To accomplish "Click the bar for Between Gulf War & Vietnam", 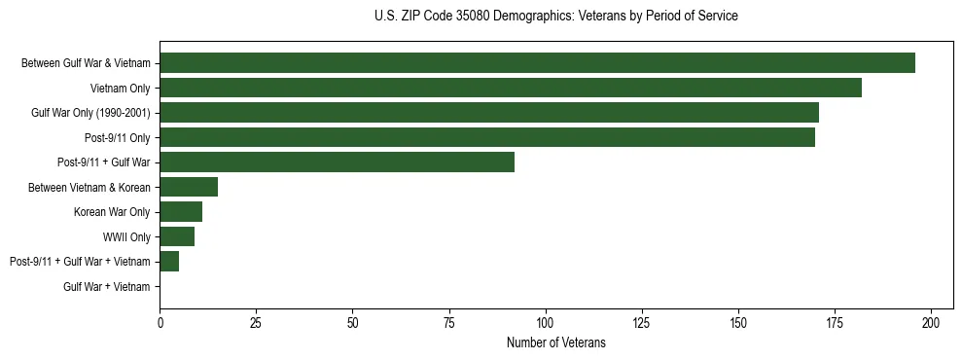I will click(x=537, y=63).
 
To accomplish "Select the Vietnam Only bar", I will click(x=511, y=88).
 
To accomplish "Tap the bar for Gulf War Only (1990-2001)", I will click(x=489, y=113).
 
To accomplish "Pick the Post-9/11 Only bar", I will click(x=487, y=137).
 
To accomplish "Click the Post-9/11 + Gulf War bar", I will click(x=337, y=162).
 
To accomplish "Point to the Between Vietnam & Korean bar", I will click(x=189, y=187).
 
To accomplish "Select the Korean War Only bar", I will click(x=181, y=212).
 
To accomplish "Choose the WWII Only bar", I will click(x=177, y=236).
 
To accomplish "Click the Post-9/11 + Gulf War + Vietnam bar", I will click(x=169, y=262).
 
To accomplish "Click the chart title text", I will click(x=555, y=17).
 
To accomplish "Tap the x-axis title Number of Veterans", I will click(x=555, y=342).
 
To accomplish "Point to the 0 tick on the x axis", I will click(x=160, y=322).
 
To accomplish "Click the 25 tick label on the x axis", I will click(x=256, y=322).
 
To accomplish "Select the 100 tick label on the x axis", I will click(x=546, y=322).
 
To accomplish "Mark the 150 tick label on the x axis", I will click(x=738, y=322).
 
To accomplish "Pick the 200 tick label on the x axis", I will click(x=931, y=322).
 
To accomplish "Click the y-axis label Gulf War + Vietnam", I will click(x=107, y=287).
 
